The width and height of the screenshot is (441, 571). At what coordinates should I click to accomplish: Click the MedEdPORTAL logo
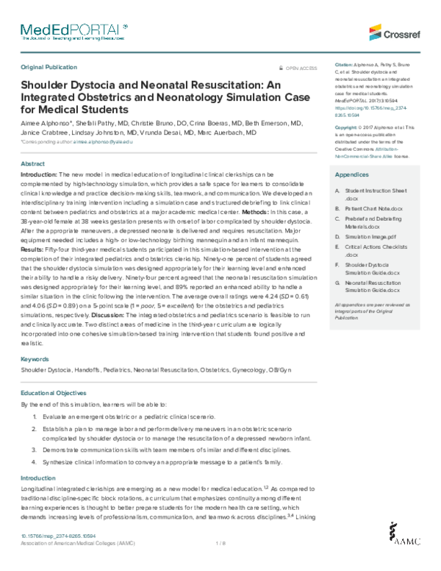click(x=73, y=30)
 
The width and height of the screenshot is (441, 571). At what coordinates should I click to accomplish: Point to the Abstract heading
click(x=33, y=163)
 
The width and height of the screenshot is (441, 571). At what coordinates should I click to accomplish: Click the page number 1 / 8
click(x=220, y=543)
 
